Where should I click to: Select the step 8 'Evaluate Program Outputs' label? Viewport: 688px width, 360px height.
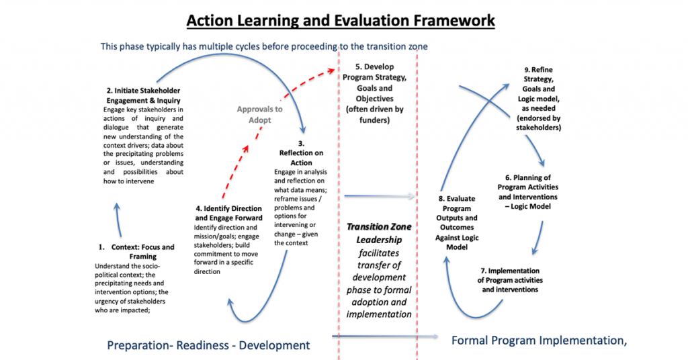coord(456,218)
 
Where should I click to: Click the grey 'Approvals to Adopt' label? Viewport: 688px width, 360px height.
coord(259,114)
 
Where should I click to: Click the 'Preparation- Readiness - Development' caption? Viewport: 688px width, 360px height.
coord(208,345)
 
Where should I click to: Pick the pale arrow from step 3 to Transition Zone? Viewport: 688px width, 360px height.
coord(380,197)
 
